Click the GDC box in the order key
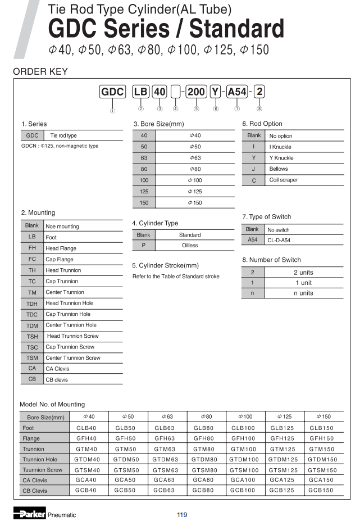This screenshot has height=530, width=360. (x=112, y=92)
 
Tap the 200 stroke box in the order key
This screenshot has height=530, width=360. (x=196, y=92)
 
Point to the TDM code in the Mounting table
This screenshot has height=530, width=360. (x=32, y=325)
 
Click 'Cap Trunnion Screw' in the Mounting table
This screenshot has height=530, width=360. (x=70, y=347)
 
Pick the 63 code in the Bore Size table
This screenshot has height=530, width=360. (x=144, y=158)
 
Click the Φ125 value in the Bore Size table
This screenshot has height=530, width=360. (x=195, y=191)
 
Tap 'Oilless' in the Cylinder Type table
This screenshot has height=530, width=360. (x=190, y=246)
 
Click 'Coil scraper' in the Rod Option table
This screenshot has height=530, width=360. (x=284, y=180)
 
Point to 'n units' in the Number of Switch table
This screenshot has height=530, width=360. (x=303, y=293)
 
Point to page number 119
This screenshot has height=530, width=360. (x=181, y=515)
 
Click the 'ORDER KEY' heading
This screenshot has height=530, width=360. (x=40, y=71)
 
